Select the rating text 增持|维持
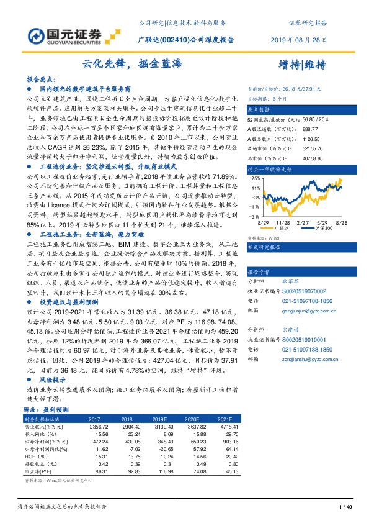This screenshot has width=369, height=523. click(300, 64)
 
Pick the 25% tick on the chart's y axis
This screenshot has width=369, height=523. click(256, 178)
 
